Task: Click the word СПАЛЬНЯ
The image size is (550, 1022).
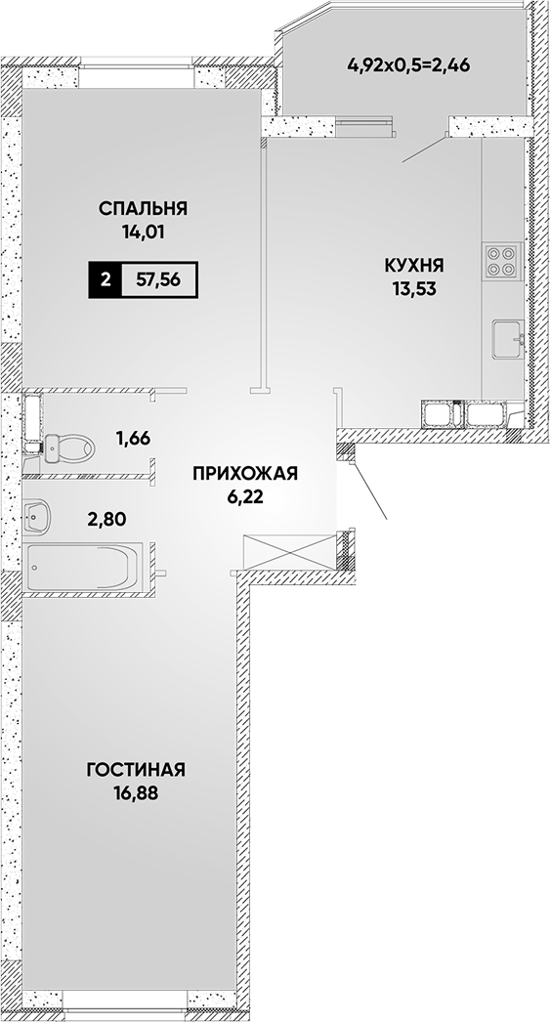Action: click(x=144, y=208)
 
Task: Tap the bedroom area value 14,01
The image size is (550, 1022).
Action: click(x=144, y=232)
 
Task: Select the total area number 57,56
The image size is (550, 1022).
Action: click(x=158, y=280)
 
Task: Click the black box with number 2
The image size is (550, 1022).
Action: click(x=105, y=280)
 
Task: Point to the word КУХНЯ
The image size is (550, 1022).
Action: click(x=414, y=266)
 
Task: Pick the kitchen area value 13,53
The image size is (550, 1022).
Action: click(x=414, y=289)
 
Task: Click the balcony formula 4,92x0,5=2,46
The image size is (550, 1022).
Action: click(x=409, y=65)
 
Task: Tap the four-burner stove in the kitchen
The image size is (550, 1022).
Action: click(x=500, y=261)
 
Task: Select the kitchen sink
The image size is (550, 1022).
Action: click(x=508, y=340)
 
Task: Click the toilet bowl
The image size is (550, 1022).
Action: click(x=69, y=447)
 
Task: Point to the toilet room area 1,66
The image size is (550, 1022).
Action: click(x=133, y=438)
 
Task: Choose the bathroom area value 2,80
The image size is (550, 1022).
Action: click(x=106, y=520)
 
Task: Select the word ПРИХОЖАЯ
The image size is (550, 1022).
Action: click(x=244, y=474)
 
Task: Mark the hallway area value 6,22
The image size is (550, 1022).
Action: click(x=244, y=496)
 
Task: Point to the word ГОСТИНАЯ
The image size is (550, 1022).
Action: click(x=136, y=770)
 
